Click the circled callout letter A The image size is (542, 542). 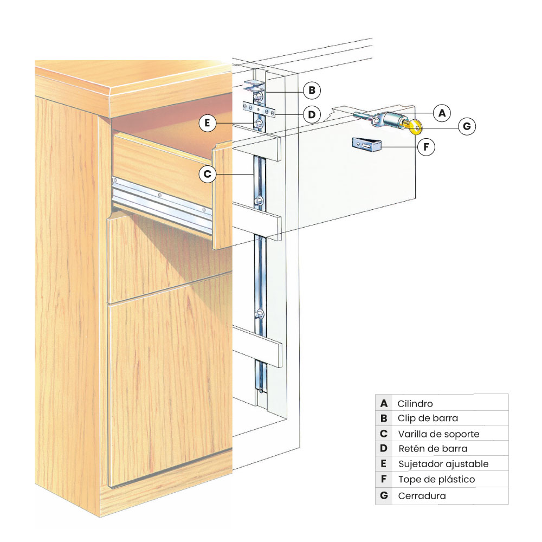(x=442, y=113)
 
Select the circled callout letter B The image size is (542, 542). (x=312, y=90)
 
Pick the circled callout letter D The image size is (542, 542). (x=312, y=114)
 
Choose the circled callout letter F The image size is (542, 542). (x=426, y=146)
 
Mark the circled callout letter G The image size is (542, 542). (x=467, y=127)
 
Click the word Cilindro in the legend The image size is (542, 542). (x=415, y=404)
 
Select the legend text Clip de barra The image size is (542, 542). (x=428, y=418)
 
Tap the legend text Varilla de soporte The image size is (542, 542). (x=438, y=434)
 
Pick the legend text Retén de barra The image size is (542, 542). (x=433, y=449)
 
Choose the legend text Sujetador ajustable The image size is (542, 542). (x=443, y=464)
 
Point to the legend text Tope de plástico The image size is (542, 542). (x=436, y=479)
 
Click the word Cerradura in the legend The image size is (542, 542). (x=422, y=496)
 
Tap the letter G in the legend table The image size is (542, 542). (x=384, y=496)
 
